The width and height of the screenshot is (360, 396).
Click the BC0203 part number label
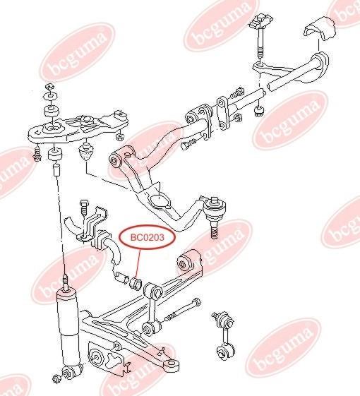pyautogui.click(x=147, y=237)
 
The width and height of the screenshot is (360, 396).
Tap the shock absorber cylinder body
pyautogui.click(x=68, y=329)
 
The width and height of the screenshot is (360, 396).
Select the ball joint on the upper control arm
pyautogui.click(x=215, y=209)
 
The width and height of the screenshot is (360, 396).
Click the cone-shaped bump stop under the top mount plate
pyautogui.click(x=87, y=151)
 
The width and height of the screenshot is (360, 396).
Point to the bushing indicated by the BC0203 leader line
pyautogui.click(x=135, y=282)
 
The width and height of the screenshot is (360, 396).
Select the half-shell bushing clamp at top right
pyautogui.click(x=319, y=28)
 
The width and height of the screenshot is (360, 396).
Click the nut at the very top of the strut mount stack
pyautogui.click(x=50, y=88)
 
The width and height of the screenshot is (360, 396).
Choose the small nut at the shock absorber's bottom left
pyautogui.click(x=56, y=379)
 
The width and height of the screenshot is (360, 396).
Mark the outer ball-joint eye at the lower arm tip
pyautogui.click(x=172, y=365)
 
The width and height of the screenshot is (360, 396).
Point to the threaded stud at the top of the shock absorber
pyautogui.click(x=66, y=282)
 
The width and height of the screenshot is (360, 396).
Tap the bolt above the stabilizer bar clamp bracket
pyautogui.click(x=83, y=208)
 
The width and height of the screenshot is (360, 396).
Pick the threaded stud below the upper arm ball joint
pyautogui.click(x=214, y=229)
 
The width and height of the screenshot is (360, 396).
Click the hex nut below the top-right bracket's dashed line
pyautogui.click(x=258, y=111)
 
